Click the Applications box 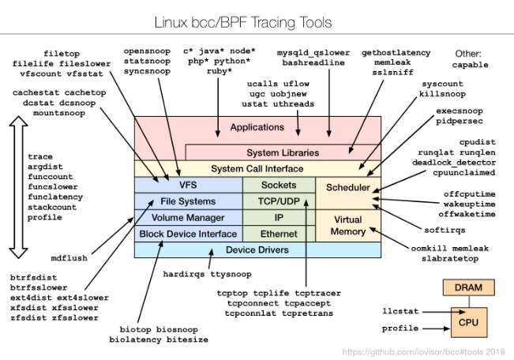(257, 127)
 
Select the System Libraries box (283, 152)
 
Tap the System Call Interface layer (257, 169)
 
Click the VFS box (188, 185)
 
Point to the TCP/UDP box (278, 201)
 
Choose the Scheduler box (348, 189)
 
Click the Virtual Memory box (348, 225)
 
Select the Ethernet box (278, 234)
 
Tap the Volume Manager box (188, 217)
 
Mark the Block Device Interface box (188, 234)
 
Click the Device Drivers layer (257, 250)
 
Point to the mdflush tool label (69, 258)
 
